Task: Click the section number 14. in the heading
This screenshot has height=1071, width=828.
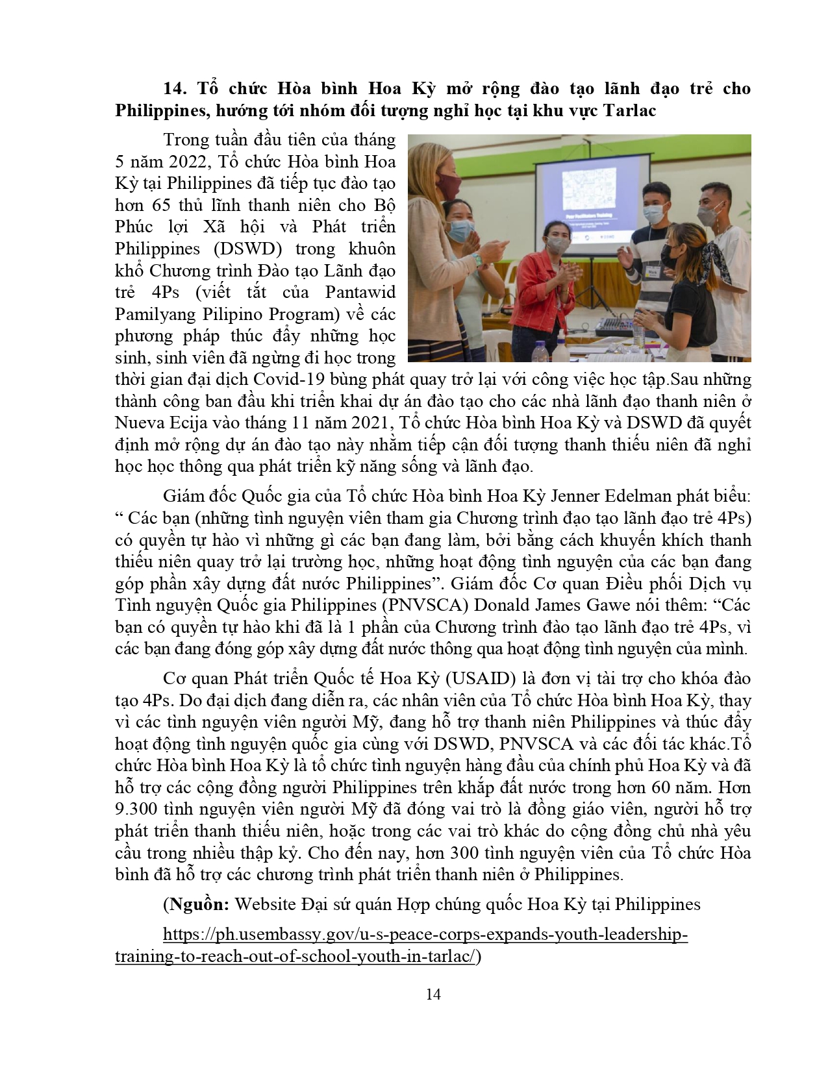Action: click(174, 89)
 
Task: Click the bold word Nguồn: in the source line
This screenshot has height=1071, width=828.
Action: click(197, 904)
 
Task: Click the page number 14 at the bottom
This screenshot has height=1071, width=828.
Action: click(433, 994)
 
